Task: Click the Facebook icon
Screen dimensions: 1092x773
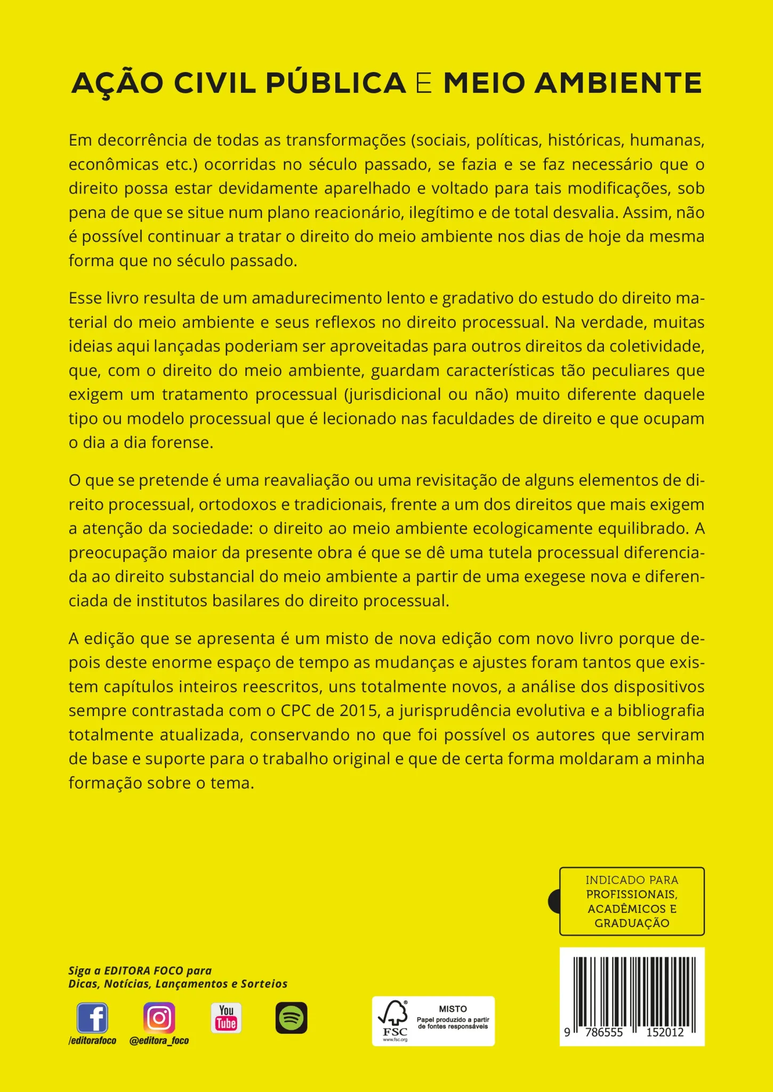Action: pos(92,1018)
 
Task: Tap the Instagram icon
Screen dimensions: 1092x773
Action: pos(159,1018)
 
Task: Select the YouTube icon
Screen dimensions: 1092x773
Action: pos(226,1018)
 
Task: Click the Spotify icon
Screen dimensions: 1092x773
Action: pos(291,1018)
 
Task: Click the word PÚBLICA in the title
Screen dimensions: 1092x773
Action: pos(336,84)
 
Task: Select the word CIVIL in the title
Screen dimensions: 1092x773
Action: pos(215,84)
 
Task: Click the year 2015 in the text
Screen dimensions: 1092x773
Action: pos(358,711)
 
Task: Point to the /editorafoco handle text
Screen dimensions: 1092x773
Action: pos(92,1040)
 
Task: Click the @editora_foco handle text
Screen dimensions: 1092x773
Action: pos(159,1040)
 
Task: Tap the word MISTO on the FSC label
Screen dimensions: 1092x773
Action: pos(453,1009)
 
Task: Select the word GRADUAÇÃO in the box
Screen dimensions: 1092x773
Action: pos(632,923)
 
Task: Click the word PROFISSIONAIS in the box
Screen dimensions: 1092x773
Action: pos(632,894)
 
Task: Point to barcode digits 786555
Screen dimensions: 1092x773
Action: pos(603,1032)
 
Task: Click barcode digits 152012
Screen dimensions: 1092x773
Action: pos(665,1032)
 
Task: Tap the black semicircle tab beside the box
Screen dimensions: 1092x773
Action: pos(554,901)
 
